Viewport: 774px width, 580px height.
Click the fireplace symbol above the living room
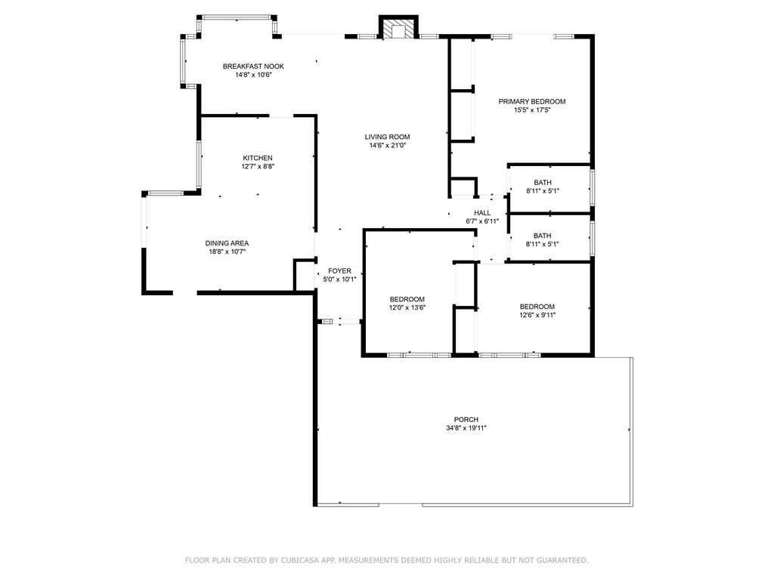coord(398,29)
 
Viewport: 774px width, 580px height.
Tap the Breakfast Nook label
coord(253,66)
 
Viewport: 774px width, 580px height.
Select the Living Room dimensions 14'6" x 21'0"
coord(388,146)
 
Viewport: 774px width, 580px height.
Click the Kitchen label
coord(258,158)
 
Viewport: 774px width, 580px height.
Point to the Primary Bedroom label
coord(532,102)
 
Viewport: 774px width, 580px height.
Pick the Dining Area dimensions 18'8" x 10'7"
coord(227,251)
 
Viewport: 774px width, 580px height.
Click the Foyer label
coord(339,271)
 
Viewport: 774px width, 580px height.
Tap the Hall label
coord(482,213)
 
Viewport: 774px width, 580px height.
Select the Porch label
coord(466,420)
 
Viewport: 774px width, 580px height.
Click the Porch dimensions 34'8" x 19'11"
coord(466,428)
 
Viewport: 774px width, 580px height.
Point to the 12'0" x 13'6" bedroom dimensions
coord(407,308)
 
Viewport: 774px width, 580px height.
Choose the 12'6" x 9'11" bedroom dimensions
coord(537,315)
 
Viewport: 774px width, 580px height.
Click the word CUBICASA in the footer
coord(299,560)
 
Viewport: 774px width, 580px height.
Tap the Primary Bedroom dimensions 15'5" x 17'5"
coord(532,110)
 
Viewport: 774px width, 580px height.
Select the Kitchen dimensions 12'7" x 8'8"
coord(258,166)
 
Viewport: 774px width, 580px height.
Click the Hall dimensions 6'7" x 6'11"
coord(482,221)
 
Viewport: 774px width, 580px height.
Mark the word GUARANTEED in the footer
coord(562,560)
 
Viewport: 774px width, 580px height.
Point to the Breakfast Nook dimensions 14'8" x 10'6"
coord(253,75)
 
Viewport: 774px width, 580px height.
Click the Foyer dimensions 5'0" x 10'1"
coord(339,279)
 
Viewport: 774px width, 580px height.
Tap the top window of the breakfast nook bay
coord(237,17)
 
